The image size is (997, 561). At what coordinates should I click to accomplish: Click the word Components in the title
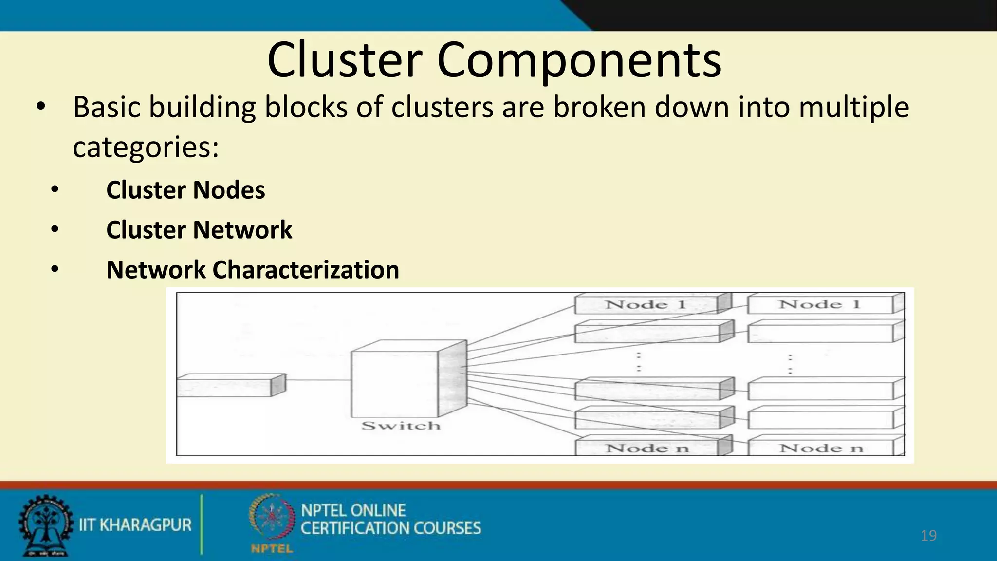tap(579, 60)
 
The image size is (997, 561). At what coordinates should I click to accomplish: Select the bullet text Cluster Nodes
tap(185, 190)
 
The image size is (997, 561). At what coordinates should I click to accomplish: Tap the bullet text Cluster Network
tap(199, 230)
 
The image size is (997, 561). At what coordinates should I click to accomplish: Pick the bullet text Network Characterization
tap(253, 270)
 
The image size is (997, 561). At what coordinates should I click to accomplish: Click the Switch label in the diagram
tap(401, 426)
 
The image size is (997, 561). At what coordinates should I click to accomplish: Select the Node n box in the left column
tap(646, 448)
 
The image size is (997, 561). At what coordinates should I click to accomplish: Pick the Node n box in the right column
tap(821, 448)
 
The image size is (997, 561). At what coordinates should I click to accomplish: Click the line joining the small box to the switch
tap(318, 380)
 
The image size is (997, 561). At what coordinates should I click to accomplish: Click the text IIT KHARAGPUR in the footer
tap(135, 525)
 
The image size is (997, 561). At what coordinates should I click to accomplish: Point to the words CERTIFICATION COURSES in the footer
tap(390, 528)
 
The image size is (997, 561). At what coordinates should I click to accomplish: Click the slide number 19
tap(928, 536)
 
